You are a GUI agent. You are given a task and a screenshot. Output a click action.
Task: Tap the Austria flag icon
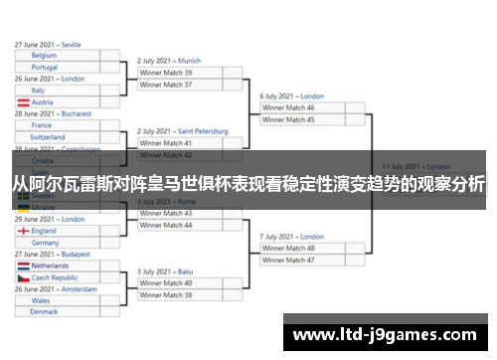23,102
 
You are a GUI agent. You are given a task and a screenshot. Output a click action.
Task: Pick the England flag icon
23,231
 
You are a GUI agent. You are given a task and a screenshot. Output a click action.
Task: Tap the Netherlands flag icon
23,267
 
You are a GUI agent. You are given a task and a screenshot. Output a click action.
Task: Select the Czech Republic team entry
55,278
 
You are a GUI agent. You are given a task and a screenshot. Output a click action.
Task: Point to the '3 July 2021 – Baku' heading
164,270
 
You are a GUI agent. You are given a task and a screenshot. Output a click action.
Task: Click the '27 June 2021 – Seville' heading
49,45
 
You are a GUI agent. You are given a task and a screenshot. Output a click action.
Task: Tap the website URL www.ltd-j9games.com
388,334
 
